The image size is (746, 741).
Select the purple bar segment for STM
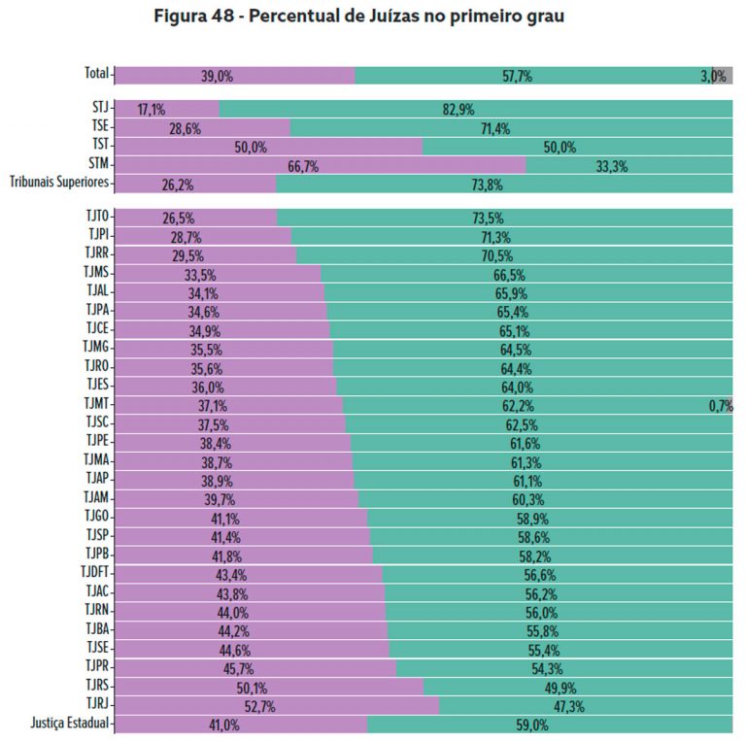(x=321, y=165)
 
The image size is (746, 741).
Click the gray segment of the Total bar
(x=724, y=75)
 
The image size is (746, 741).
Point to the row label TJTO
(x=96, y=219)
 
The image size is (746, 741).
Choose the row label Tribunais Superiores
(x=59, y=183)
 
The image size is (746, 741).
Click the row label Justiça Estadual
(x=71, y=724)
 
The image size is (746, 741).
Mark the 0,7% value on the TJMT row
(x=720, y=406)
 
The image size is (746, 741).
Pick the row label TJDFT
(x=96, y=574)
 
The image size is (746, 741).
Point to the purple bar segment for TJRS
(x=269, y=687)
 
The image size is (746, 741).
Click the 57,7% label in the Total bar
(x=518, y=76)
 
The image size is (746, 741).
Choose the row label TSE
(x=99, y=126)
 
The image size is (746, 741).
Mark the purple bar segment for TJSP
(x=243, y=536)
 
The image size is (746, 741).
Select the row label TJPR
(x=98, y=668)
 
